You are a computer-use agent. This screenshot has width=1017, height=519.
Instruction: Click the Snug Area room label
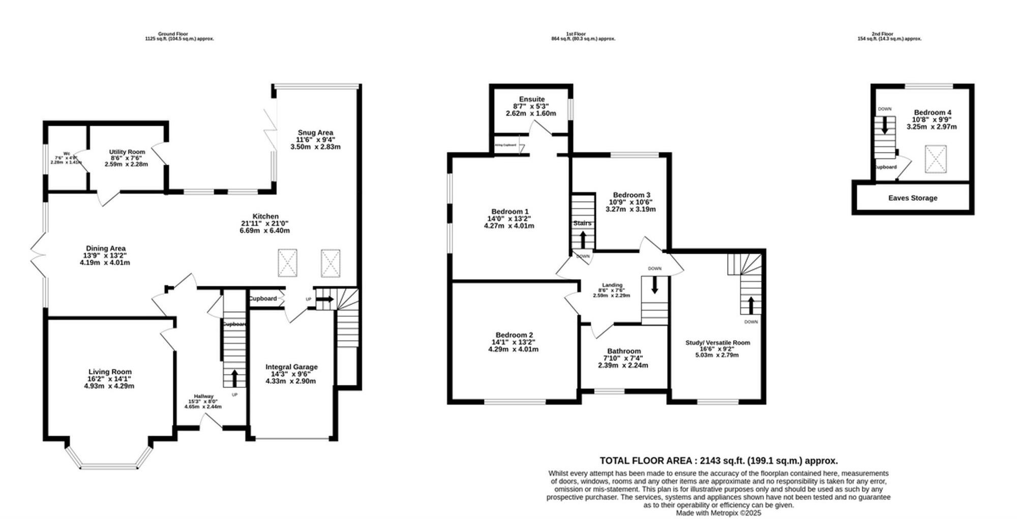(x=315, y=133)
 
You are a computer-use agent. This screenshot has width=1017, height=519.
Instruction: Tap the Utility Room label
(x=127, y=152)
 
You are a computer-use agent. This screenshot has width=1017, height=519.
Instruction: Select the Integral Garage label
(x=291, y=367)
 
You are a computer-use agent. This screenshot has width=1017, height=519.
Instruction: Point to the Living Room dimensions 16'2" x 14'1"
(x=110, y=379)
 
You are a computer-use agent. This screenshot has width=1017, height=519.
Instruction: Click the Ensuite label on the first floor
(x=532, y=99)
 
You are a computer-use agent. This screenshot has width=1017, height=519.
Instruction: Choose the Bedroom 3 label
(x=632, y=195)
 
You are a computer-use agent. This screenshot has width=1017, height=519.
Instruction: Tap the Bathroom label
(x=624, y=351)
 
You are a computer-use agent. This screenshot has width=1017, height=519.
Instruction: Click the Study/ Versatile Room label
(x=717, y=343)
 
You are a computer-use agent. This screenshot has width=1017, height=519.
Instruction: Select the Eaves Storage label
(x=913, y=198)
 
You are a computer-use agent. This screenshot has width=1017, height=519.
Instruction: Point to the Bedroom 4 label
(x=933, y=113)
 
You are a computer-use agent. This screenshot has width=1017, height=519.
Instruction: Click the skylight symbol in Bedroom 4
(x=936, y=159)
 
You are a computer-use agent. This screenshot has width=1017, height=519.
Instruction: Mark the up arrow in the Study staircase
(x=751, y=305)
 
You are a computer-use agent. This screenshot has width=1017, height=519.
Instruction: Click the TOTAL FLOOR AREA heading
(x=719, y=461)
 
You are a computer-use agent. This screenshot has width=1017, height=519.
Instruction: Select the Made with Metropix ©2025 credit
(x=719, y=513)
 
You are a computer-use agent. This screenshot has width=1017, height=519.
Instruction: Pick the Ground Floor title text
(x=173, y=34)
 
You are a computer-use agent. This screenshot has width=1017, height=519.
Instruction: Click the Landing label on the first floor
(x=612, y=285)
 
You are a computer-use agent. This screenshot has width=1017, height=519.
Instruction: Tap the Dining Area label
(x=106, y=249)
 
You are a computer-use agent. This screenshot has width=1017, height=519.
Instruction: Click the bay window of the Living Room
(x=109, y=465)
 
